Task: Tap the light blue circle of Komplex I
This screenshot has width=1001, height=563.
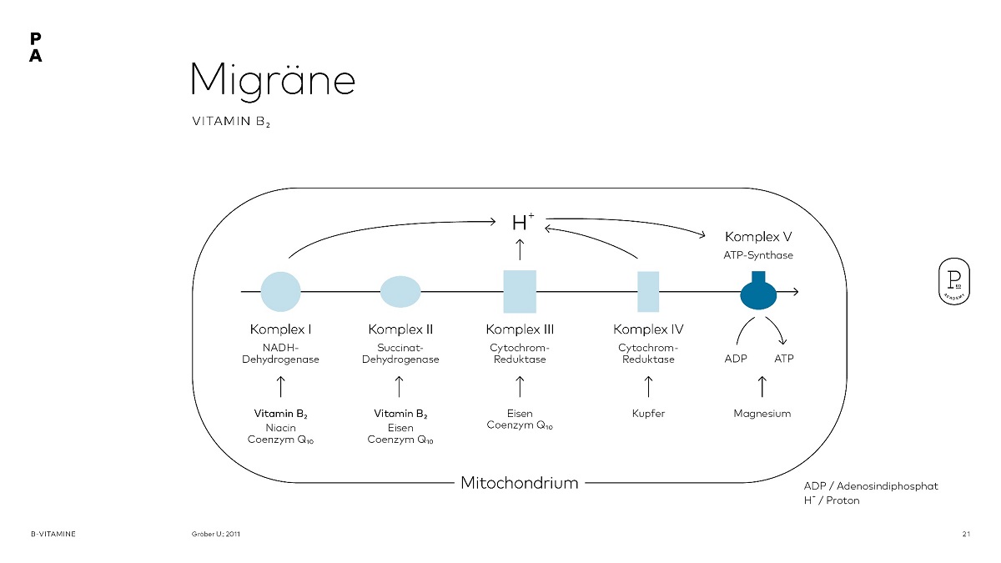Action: coord(280,291)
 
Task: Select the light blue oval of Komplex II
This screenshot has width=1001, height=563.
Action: coord(400,291)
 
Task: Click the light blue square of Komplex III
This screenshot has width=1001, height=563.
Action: coord(520,291)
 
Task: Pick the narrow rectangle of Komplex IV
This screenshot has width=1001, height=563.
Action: coord(648,291)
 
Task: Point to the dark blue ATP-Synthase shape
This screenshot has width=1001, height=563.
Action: coord(758,293)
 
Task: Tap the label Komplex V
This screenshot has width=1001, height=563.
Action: coord(758,237)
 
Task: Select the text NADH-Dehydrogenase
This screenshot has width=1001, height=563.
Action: coord(280,354)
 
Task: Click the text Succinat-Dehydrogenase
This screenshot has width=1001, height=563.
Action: coord(400,354)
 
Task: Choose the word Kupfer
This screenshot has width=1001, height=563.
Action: coord(648,414)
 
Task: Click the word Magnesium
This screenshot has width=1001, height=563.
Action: coord(762,414)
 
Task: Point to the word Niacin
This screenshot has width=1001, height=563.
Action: coord(280,428)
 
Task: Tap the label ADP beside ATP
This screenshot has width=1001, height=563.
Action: coord(735,359)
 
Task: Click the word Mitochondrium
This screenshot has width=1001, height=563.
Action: coord(520,483)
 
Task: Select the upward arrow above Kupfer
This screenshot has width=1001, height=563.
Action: coord(648,386)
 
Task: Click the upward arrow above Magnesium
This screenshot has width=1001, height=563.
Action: coord(762,386)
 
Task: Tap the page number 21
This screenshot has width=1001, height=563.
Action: coord(966,533)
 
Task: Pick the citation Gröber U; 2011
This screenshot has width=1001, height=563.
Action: coord(216,533)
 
